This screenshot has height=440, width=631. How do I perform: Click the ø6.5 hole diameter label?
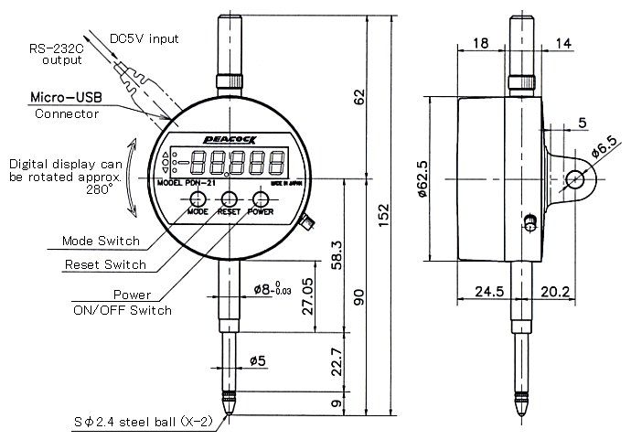604,145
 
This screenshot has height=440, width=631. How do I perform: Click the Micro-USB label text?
66,96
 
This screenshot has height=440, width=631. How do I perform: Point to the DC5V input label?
144,38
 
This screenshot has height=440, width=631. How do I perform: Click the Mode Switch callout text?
101,241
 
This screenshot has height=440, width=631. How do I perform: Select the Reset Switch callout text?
104,264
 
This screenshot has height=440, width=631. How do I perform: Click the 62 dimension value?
358,94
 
